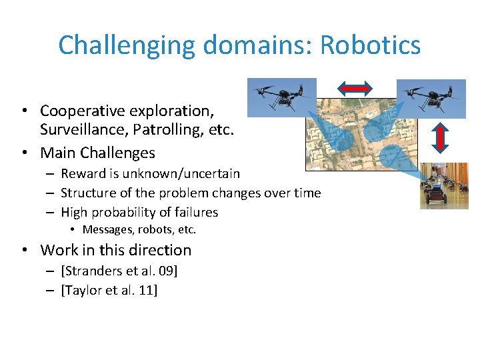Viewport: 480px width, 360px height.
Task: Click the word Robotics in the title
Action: coord(370,45)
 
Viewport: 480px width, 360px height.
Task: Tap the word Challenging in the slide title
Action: coord(127,45)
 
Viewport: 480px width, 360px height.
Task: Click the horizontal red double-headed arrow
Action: coord(354,87)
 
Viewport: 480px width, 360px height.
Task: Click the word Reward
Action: coord(83,174)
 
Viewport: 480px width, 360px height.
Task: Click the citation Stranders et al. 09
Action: coord(120,271)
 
